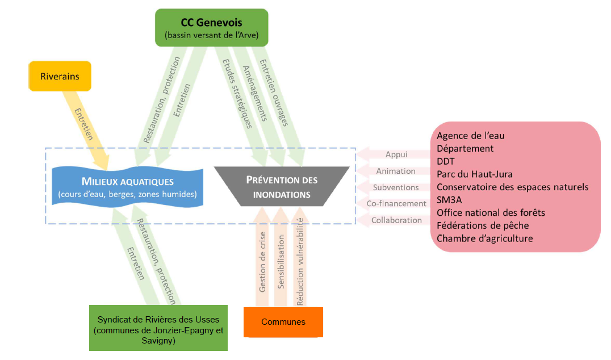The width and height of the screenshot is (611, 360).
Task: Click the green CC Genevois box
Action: pos(212,28)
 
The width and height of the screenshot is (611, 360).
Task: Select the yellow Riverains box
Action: pos(60,76)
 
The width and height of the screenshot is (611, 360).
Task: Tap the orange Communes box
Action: pos(283,322)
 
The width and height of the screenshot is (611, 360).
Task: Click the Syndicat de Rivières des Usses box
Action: pos(158,328)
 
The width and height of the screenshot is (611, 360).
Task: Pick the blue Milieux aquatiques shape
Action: pos(127,187)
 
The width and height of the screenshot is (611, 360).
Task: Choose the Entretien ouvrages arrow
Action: pos(278,105)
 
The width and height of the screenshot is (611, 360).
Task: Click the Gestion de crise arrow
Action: pos(262,257)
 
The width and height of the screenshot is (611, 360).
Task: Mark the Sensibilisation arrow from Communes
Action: pos(281,257)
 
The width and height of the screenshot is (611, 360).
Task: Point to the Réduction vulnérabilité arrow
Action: pos(300,257)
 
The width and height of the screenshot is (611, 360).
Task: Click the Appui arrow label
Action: pos(396,154)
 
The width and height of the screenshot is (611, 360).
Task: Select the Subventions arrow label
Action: pos(396,187)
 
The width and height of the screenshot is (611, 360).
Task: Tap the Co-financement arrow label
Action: pos(396,203)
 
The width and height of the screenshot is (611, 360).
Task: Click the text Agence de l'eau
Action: pos(470,136)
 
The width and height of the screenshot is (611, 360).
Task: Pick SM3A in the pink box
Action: pos(449,200)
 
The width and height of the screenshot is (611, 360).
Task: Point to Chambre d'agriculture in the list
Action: pos(485,238)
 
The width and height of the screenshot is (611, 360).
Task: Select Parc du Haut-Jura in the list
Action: pos(475,174)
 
